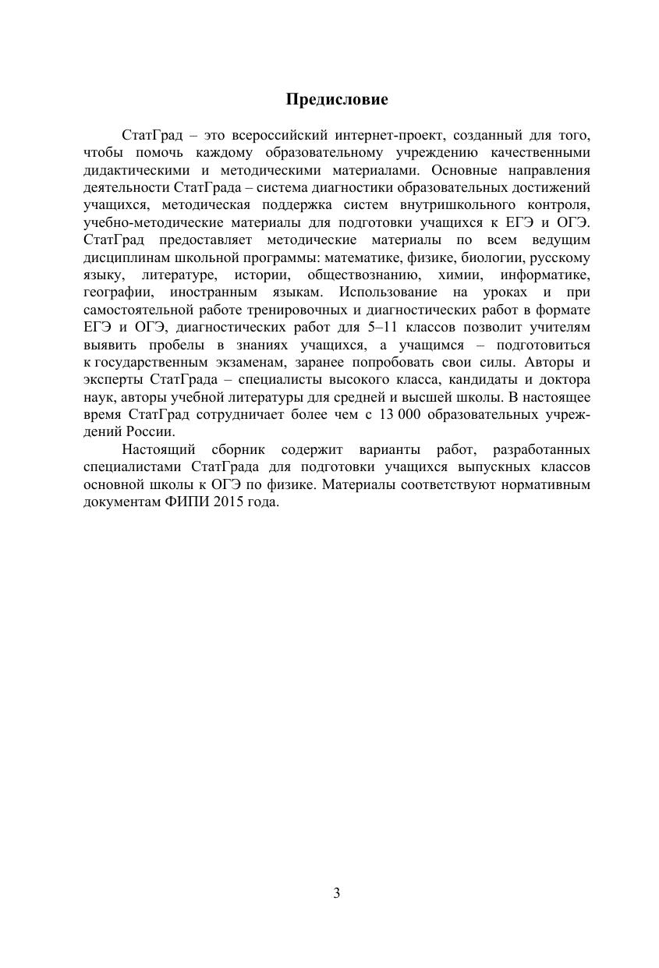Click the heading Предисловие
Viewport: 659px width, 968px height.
(x=336, y=100)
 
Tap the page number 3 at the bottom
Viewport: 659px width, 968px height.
(x=336, y=893)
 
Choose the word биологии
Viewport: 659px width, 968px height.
(x=491, y=257)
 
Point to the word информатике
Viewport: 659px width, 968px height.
(x=545, y=275)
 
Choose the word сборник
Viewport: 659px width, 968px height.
(x=239, y=450)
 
